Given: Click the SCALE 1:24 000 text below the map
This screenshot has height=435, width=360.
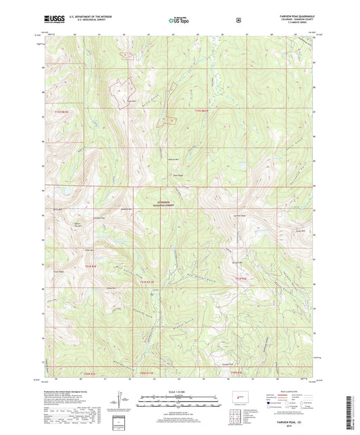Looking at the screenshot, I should [179, 392].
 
